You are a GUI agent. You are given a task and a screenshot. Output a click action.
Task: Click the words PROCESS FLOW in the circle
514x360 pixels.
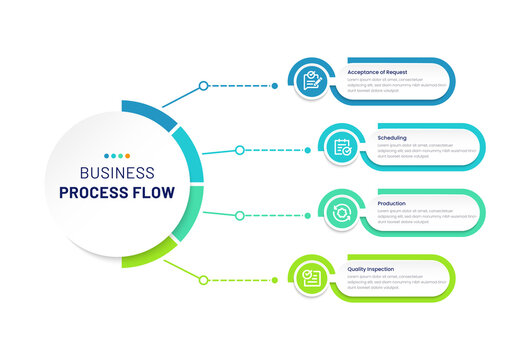click(x=116, y=192)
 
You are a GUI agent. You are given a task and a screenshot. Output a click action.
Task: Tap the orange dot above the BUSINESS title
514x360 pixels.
click(x=126, y=156)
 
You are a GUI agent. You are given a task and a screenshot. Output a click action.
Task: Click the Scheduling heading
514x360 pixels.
click(x=391, y=137)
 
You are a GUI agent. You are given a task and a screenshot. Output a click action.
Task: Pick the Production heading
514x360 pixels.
click(x=391, y=203)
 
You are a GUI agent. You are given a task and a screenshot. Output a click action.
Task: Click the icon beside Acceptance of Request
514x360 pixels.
click(x=313, y=81)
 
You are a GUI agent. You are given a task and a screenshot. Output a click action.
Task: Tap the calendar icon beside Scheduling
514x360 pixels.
click(x=343, y=147)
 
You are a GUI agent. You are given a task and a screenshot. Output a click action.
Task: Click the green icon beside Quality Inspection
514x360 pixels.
click(x=313, y=278)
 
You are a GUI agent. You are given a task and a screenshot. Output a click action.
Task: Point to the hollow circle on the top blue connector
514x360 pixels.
click(x=203, y=86)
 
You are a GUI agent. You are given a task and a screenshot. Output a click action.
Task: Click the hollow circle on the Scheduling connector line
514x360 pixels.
click(x=239, y=150)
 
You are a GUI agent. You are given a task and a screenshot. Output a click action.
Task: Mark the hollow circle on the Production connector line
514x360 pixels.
click(x=239, y=214)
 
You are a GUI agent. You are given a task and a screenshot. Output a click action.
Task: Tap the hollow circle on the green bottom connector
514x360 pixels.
click(x=203, y=279)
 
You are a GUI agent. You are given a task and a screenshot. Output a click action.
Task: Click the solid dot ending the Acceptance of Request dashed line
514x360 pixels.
click(x=275, y=86)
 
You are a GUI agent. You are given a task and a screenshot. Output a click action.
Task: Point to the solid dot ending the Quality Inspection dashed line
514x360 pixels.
click(x=275, y=279)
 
